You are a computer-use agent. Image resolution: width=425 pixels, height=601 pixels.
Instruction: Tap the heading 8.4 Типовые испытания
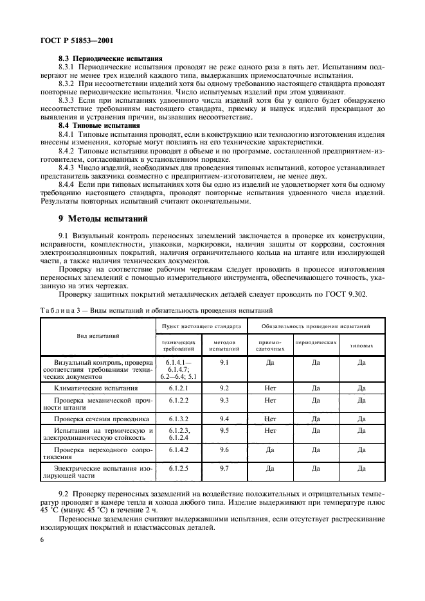click(100, 125)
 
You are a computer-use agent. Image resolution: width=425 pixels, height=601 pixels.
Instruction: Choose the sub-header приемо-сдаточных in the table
click(270, 345)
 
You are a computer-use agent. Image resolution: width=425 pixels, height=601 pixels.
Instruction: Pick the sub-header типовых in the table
click(361, 345)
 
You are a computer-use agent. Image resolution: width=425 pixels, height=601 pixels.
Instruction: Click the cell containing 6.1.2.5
click(177, 469)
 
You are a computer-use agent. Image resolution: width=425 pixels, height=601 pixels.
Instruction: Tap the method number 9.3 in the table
click(224, 399)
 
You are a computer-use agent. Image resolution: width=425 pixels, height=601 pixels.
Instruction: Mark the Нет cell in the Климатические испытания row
click(270, 388)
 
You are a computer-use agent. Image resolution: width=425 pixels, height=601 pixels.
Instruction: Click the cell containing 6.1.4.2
click(177, 449)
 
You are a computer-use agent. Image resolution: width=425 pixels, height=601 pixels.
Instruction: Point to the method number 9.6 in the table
click(224, 449)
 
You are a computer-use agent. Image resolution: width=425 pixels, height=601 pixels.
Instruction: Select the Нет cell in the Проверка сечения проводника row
click(270, 418)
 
